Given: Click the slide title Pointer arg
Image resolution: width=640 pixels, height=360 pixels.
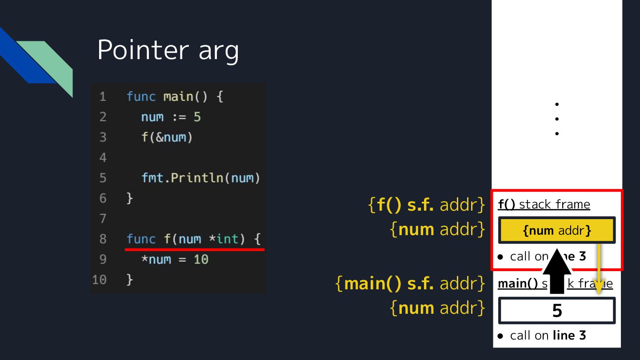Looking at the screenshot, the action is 168,50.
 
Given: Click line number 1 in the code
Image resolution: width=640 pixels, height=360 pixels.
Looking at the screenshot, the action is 103,96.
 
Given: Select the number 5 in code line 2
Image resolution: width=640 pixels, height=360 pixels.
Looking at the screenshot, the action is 197,117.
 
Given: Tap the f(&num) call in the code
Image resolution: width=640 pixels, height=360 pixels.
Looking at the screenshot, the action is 167,137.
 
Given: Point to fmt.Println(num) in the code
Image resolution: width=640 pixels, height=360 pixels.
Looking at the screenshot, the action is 200,178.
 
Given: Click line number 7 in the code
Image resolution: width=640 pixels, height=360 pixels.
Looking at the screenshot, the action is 103,219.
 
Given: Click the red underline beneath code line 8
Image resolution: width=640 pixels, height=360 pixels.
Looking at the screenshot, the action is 195,249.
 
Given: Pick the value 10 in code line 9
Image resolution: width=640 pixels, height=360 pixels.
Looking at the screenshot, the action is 201,260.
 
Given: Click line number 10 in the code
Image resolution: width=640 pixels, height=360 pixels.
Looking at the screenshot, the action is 100,280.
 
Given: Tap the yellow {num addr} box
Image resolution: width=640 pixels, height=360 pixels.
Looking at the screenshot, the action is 557,230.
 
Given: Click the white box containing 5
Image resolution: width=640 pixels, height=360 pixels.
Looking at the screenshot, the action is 557,311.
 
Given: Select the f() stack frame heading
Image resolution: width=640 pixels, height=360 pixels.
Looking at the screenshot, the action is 544,204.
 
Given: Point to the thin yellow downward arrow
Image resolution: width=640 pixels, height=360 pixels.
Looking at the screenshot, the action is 599,269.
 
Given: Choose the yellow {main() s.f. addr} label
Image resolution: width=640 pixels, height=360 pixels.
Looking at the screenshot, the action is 410,284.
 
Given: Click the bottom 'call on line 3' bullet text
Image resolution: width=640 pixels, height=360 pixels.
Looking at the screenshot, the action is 548,336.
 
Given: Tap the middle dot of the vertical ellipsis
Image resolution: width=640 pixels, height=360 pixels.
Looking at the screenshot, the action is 557,119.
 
